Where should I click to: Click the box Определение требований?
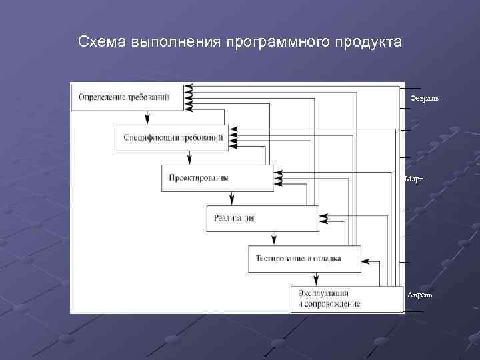pos(127,97)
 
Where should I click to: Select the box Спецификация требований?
pos(173,137)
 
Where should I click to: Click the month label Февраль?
pos(424,98)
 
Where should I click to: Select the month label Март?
pos(413,179)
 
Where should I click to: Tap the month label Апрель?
pos(419,294)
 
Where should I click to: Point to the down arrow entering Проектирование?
pos(190,159)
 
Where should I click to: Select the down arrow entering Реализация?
pos(232,200)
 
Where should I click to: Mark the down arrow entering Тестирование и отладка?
pos(274,241)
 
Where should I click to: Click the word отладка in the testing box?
pos(326,259)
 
